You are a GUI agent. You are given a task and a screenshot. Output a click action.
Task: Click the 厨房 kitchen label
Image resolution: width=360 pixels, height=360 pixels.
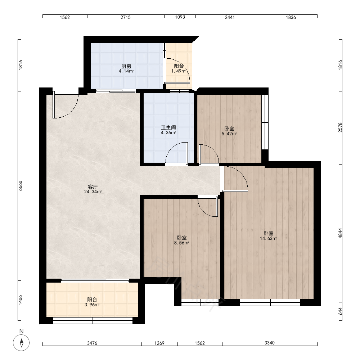(x=126, y=66)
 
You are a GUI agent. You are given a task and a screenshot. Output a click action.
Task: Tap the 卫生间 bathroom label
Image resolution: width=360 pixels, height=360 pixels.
(x=168, y=128)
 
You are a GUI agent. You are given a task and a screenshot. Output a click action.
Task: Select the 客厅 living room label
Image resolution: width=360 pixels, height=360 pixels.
(x=93, y=186)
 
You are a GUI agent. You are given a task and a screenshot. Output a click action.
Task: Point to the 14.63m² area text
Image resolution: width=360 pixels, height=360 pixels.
(x=269, y=239)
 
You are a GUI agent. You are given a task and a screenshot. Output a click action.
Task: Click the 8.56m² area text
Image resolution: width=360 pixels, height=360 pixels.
(x=181, y=243)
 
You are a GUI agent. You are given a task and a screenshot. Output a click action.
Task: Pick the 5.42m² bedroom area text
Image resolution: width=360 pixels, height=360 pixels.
(x=229, y=134)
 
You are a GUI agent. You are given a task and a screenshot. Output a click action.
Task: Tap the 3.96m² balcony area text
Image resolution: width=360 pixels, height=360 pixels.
(x=92, y=305)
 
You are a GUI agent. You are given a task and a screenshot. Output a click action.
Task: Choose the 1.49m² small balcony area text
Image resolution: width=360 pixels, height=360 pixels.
(x=179, y=71)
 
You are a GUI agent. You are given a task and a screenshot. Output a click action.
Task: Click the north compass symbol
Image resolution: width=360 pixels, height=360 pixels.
(x=21, y=343)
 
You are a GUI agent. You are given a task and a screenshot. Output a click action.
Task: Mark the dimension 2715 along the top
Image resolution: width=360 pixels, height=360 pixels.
(x=126, y=17)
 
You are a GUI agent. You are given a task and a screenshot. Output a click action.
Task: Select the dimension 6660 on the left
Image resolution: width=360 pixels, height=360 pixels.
(x=21, y=186)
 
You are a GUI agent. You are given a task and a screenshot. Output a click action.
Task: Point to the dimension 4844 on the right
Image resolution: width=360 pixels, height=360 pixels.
(x=340, y=233)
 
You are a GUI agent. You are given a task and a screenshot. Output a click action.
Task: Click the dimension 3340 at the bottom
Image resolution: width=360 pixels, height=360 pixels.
(x=270, y=343)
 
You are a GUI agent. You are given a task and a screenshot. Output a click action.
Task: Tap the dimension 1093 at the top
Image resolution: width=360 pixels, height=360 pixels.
(x=180, y=17)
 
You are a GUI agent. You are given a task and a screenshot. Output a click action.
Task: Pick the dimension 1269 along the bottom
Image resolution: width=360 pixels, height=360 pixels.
(x=159, y=343)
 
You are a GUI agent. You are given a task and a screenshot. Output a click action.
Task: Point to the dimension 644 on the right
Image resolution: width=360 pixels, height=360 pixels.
(x=340, y=311)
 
